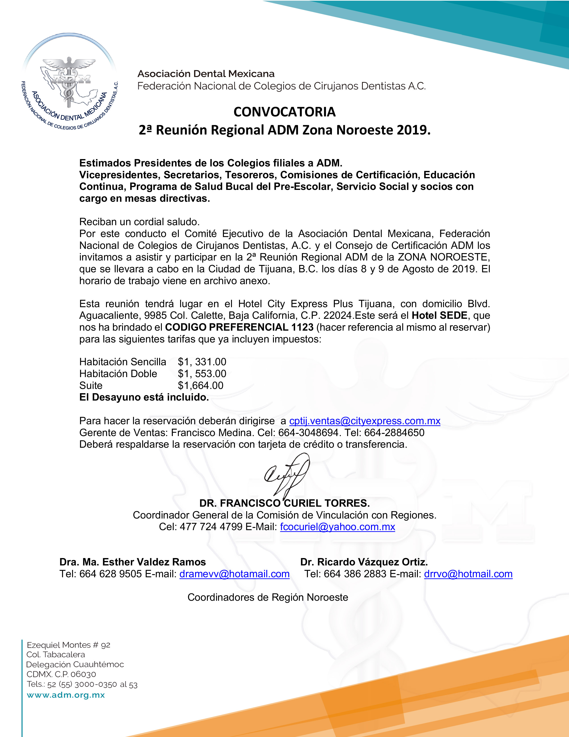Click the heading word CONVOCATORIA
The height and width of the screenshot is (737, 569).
coord(284,112)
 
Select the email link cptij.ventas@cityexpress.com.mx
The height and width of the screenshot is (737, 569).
coord(365,421)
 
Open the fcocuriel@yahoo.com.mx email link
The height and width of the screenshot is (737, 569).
coord(337,527)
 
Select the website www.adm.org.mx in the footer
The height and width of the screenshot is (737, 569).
coord(66,695)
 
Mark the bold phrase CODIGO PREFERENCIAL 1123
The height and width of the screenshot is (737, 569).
coord(239,327)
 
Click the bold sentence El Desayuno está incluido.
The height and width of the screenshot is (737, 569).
coord(144,397)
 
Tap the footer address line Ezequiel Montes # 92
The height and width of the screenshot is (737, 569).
coord(69,645)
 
